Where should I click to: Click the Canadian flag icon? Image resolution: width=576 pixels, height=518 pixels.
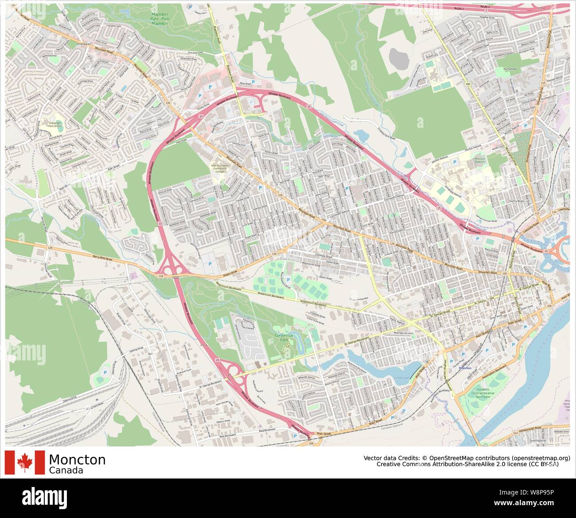[25, 462]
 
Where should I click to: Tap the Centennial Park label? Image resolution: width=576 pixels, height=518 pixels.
[284, 338]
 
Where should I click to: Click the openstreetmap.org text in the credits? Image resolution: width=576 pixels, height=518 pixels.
[541, 458]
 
